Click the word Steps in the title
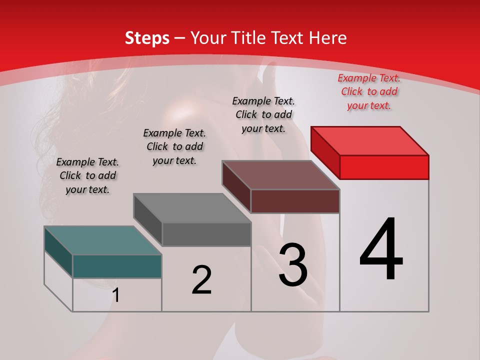coord(146,38)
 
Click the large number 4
coord(381,250)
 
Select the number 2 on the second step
coord(201,280)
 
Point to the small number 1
coord(115,295)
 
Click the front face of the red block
coord(384,167)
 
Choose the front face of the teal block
coord(117,266)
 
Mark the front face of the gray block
coord(206,234)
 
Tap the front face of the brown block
coord(295,201)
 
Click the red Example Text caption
coord(369,91)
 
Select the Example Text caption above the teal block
coord(87,175)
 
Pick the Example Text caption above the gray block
coord(174,146)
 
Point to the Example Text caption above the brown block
coord(263,114)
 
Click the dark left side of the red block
coord(325,153)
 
